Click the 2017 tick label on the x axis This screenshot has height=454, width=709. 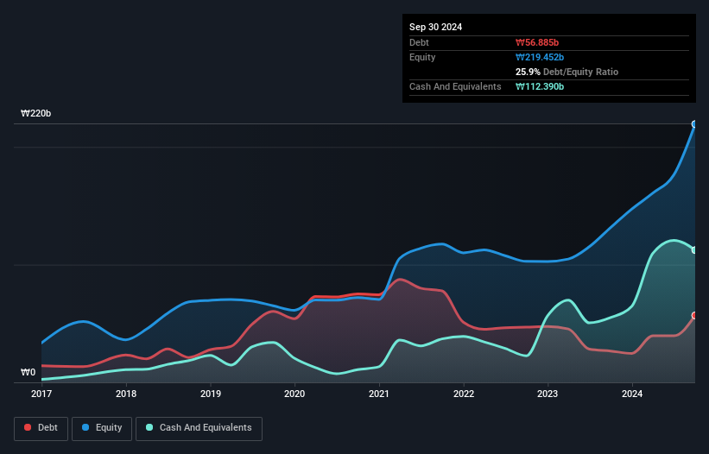41,394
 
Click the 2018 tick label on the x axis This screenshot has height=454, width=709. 126,394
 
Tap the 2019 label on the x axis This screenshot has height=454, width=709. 211,394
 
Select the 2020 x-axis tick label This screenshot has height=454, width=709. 294,394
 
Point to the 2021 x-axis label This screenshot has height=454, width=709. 379,394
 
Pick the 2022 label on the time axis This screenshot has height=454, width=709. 464,394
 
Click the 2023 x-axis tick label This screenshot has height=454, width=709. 548,394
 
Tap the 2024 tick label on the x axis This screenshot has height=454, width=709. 632,394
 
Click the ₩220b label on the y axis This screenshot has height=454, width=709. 36,114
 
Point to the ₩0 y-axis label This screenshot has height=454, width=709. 28,373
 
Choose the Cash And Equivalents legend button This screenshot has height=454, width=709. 199,428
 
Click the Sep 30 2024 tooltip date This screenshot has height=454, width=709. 436,27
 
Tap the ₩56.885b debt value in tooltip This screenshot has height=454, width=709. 538,42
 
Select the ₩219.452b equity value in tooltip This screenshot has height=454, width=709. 541,57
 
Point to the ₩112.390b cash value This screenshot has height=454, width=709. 541,86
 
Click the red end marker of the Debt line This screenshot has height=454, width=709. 694,316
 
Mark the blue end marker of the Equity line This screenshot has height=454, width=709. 694,124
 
